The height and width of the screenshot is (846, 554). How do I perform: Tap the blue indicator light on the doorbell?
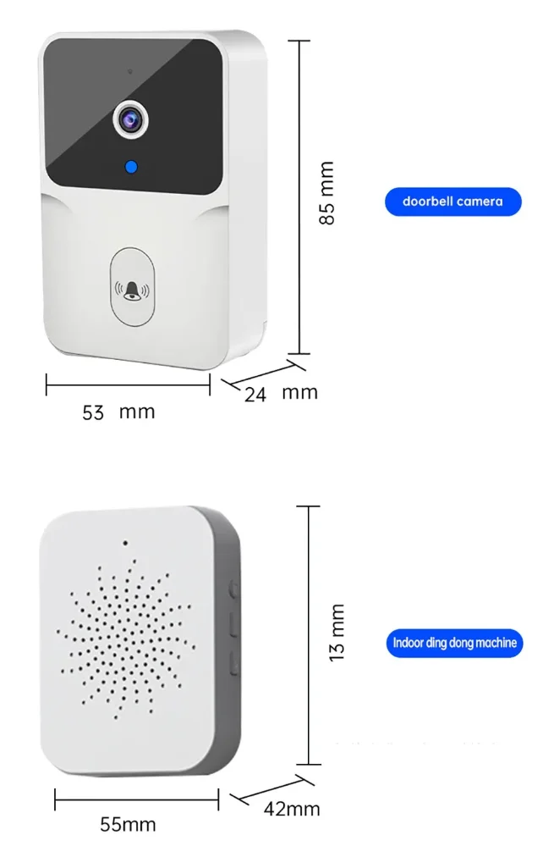click(x=130, y=167)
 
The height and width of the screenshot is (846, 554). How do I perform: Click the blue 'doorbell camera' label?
click(x=453, y=202)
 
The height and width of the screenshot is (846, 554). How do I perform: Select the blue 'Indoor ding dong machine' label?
click(x=454, y=643)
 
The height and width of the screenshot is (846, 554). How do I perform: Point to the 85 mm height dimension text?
click(x=326, y=193)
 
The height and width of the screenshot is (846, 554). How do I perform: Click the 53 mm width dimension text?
click(x=118, y=412)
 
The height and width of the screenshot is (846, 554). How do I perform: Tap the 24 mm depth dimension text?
click(x=280, y=393)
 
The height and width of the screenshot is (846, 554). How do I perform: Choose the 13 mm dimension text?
click(x=337, y=632)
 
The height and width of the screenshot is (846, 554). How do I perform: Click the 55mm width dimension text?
click(x=128, y=824)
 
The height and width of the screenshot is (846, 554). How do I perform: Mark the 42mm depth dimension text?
click(x=292, y=809)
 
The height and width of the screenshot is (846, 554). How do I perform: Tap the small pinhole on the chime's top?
click(x=124, y=543)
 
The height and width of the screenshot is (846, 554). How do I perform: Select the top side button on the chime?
click(x=233, y=587)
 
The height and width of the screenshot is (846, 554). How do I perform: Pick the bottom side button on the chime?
click(x=233, y=663)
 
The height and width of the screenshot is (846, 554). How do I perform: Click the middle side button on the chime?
click(x=233, y=625)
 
